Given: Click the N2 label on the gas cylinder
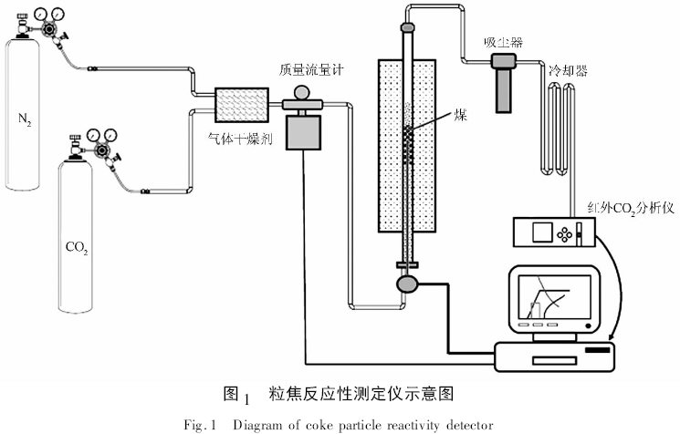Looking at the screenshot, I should (26, 119).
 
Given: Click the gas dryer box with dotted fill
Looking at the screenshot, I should (242, 105).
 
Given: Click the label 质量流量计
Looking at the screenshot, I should (314, 70).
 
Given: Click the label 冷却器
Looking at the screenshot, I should (568, 68).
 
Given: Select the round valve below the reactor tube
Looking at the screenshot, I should (406, 285).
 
